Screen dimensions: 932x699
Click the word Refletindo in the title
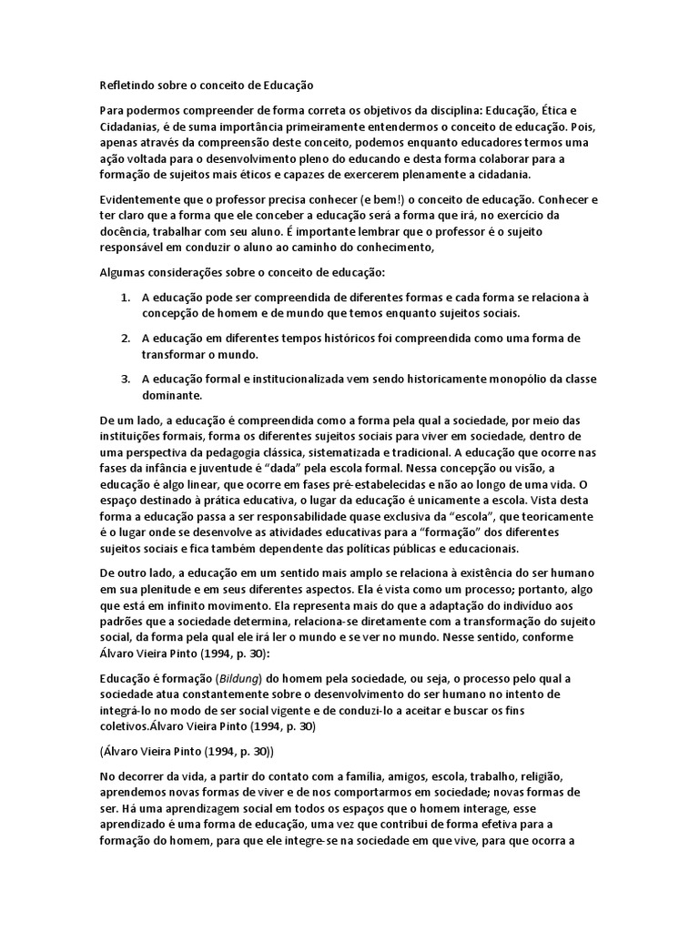click(x=127, y=85)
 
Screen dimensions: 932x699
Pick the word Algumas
click(x=121, y=271)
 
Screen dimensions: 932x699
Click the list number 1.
click(x=126, y=297)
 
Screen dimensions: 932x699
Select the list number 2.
click(x=126, y=338)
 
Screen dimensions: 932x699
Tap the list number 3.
click(x=126, y=379)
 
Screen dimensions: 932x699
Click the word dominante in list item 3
click(x=173, y=395)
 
